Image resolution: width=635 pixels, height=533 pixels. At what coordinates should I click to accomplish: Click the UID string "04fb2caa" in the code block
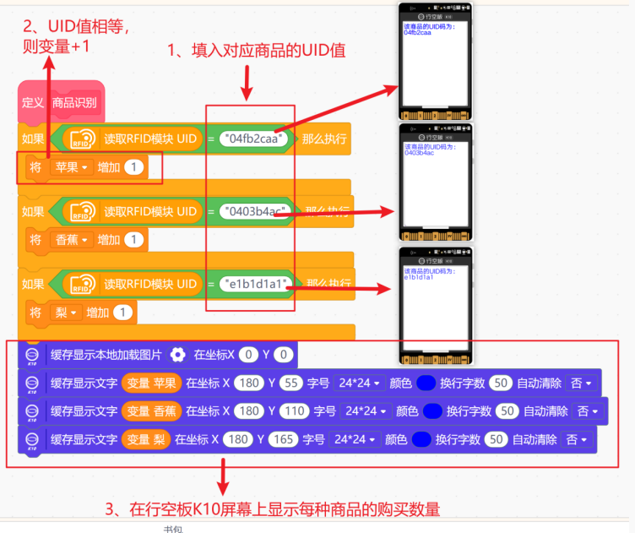254,138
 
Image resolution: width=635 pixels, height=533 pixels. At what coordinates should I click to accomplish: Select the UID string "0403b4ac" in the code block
256,211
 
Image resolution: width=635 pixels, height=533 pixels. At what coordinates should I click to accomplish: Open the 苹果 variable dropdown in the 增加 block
70,167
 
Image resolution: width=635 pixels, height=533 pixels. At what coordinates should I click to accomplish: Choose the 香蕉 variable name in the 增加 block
67,240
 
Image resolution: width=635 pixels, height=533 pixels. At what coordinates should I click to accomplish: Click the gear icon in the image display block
177,355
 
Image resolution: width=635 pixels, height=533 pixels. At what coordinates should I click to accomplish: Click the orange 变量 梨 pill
146,439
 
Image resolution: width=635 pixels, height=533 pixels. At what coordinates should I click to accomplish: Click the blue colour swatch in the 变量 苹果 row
426,383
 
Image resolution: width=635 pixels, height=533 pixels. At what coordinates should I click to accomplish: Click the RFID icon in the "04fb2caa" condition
84,139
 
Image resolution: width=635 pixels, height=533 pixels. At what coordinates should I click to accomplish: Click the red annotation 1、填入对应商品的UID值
257,50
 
